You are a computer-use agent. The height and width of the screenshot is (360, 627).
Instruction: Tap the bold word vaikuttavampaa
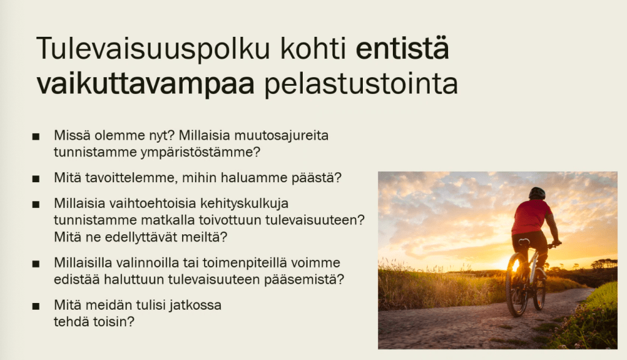click(145, 83)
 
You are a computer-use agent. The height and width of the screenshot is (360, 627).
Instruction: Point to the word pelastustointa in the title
click(361, 83)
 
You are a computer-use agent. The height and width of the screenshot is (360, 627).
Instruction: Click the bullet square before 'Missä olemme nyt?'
click(36, 137)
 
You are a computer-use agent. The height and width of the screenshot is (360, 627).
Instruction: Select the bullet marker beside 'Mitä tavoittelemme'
click(36, 179)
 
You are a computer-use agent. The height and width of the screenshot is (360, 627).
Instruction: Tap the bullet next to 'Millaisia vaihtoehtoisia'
click(36, 204)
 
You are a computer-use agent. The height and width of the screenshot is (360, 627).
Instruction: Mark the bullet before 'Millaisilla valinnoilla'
click(36, 264)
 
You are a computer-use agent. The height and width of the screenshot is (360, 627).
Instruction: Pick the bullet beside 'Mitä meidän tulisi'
click(36, 307)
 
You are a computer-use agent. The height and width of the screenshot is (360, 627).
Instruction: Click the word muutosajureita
click(281, 135)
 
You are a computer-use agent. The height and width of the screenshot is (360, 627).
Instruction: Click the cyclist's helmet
click(537, 193)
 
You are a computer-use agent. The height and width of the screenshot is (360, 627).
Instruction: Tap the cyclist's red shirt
click(531, 217)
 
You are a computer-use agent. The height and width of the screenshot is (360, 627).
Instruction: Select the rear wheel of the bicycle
click(517, 284)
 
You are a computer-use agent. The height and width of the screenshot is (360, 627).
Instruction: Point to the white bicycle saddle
click(524, 242)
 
